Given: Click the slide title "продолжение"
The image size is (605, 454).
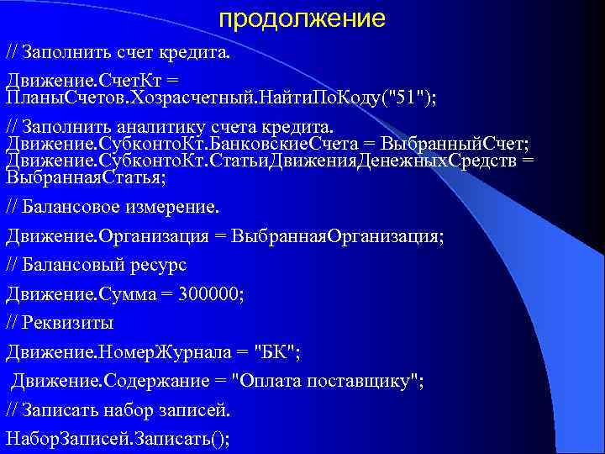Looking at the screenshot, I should tap(302, 18).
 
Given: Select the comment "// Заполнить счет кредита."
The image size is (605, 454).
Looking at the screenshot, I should tap(117, 53).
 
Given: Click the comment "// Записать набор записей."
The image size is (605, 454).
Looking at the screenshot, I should tap(118, 409).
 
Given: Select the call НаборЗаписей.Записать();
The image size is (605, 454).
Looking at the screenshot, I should tap(118, 438).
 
